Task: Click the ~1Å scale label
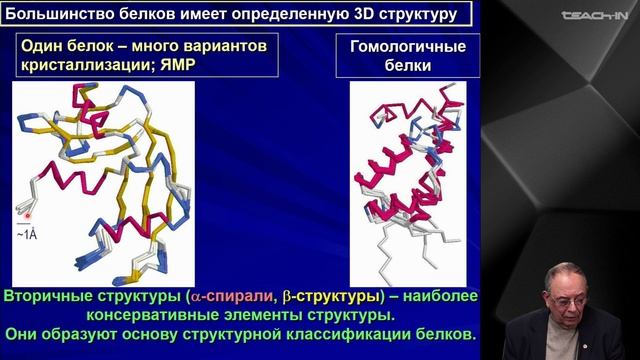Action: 28,234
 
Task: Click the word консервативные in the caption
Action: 186,314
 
